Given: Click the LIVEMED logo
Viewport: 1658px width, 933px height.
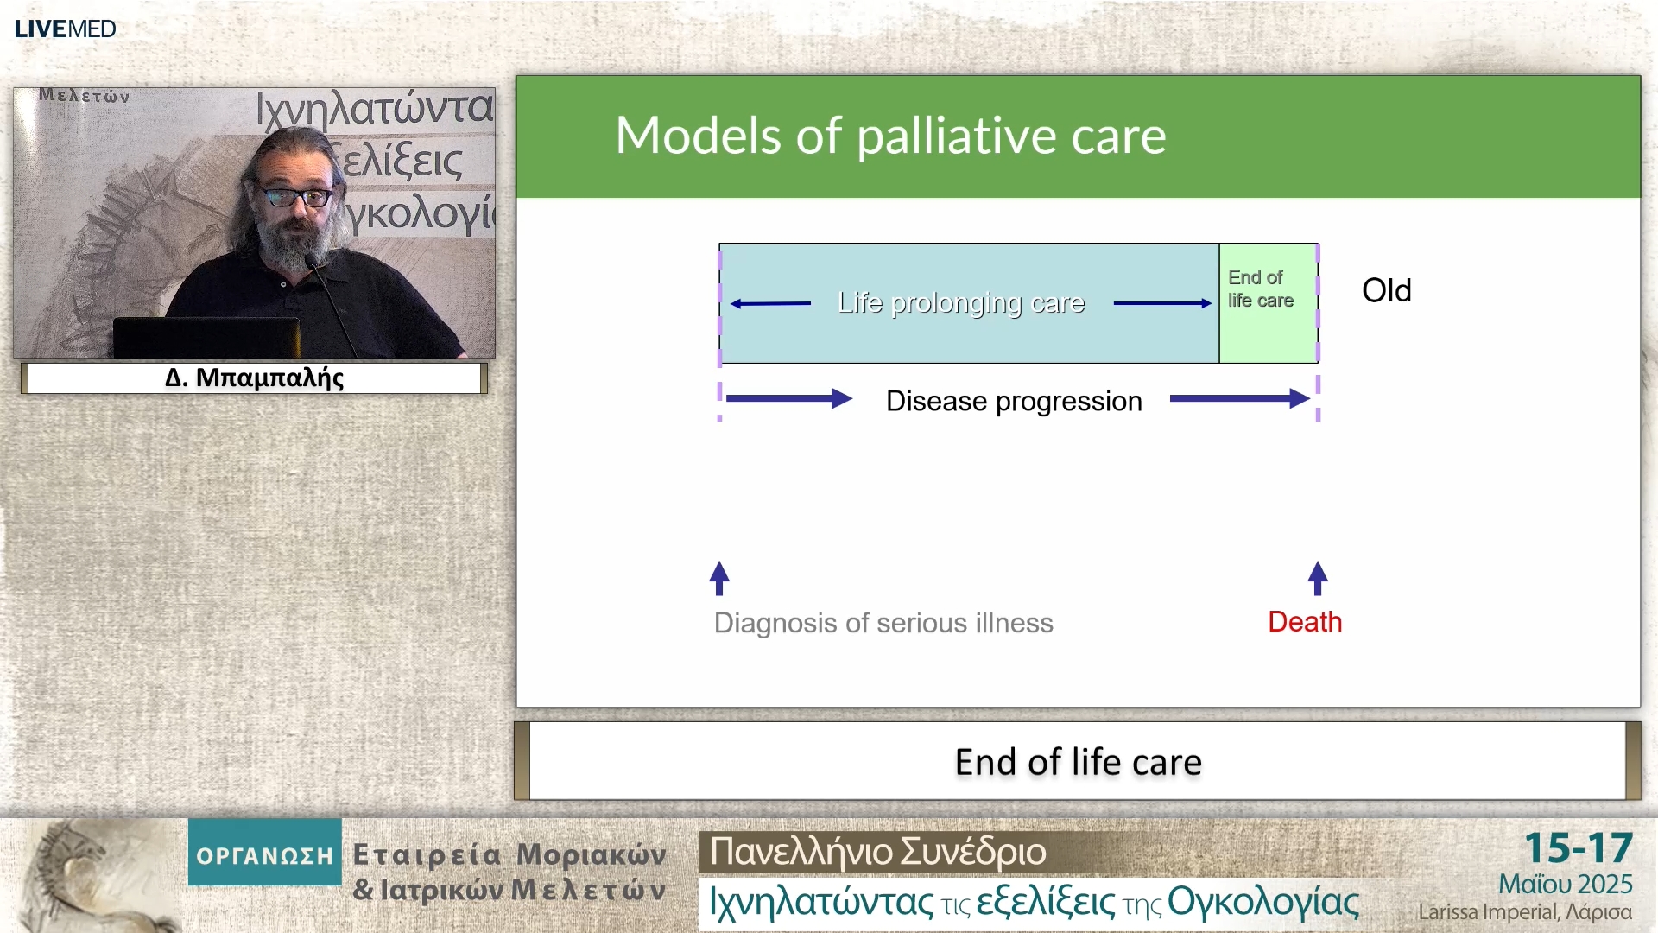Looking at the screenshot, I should tap(65, 29).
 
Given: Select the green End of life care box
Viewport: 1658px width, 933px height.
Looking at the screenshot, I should tap(1267, 302).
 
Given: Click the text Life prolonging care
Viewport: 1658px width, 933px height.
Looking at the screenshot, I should tap(960, 303).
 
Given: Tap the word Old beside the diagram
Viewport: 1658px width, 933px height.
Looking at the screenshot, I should tap(1386, 290).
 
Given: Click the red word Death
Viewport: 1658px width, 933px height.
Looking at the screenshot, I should tap(1304, 622).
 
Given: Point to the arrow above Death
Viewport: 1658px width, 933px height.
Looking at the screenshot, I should tap(1317, 578).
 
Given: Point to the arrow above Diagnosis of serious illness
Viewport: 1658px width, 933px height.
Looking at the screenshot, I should tap(719, 578).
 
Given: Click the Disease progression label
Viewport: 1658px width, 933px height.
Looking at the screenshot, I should tap(1014, 401).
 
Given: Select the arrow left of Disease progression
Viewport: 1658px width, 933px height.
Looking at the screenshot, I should tap(788, 398).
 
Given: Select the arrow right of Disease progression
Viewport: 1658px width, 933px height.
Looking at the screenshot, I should tap(1239, 398).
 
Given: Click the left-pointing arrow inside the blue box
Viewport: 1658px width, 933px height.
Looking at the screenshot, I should tap(769, 303).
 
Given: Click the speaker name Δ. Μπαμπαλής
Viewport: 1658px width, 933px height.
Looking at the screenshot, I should tap(254, 378).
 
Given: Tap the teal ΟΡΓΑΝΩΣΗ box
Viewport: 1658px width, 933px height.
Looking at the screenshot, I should tap(264, 854).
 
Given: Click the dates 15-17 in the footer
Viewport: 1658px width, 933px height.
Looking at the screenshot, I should tap(1578, 847).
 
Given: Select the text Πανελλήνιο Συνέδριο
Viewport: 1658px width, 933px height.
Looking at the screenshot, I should tap(877, 852).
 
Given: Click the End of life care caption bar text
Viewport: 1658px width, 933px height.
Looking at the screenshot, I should tap(1078, 762).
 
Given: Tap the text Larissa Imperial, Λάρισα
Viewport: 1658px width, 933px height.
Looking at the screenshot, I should tap(1524, 912).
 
